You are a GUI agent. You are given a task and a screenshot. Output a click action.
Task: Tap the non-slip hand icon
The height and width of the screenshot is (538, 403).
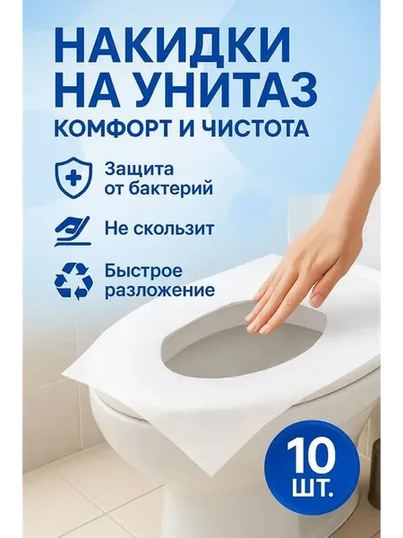point(72,231)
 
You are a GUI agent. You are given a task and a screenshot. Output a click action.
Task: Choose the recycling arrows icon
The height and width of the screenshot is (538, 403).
point(72,281)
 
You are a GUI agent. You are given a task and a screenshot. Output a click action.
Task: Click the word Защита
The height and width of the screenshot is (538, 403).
point(140,170)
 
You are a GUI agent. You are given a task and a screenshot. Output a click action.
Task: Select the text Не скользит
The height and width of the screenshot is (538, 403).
point(159,229)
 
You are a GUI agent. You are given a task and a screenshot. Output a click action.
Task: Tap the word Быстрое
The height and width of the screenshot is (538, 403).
point(143,272)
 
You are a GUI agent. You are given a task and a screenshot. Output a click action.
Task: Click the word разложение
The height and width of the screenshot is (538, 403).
point(160,291)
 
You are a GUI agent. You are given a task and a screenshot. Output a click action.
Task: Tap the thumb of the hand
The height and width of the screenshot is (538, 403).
point(322,296)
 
